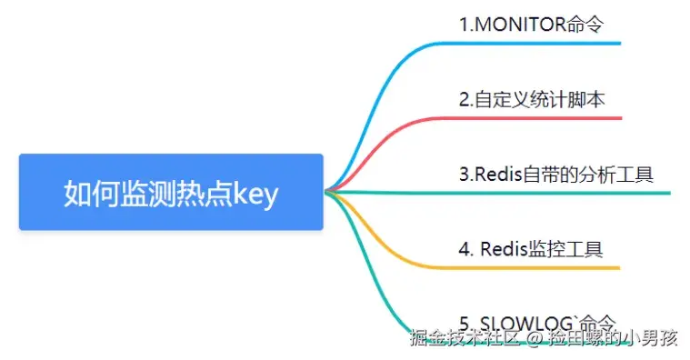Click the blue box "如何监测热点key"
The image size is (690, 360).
(171, 192)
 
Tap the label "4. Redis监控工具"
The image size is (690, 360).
(530, 249)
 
